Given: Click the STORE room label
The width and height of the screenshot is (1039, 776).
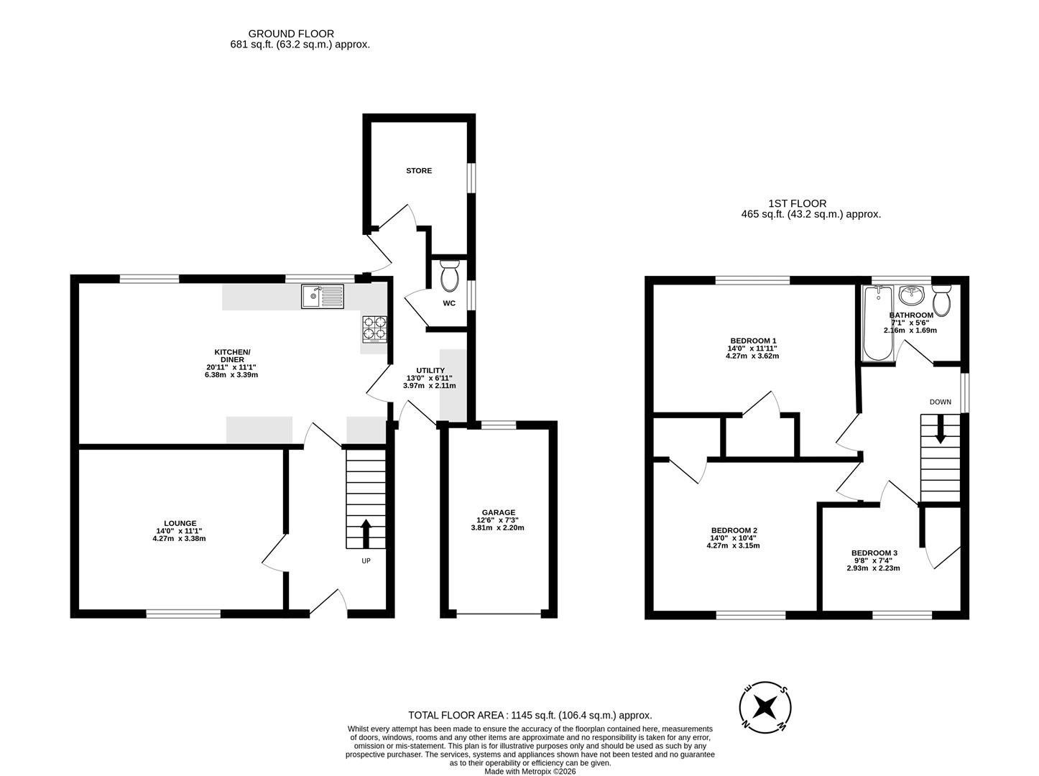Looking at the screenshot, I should pos(419,171).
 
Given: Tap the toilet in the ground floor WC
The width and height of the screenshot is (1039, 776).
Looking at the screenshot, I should pos(450,274).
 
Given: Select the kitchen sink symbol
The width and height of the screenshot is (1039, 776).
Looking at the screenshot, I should pos(323,295).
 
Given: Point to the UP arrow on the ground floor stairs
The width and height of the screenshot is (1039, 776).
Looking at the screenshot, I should pos(366,533).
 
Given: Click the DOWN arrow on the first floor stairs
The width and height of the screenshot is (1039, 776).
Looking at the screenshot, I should pos(940,431).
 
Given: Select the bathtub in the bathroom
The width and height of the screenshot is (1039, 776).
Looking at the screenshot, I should pos(877,323).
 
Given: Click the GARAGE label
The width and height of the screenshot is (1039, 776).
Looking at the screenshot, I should pos(498,512).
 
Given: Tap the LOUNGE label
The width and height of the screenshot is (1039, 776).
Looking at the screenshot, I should pos(180,523).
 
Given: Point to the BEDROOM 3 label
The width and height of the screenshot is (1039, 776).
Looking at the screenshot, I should pos(874,553).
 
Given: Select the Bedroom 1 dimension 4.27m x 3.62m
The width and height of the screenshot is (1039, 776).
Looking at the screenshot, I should pos(753,356).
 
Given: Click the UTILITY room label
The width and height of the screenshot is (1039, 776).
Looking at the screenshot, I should pos(430,371).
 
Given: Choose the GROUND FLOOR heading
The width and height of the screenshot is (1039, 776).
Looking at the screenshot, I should pos(291,34).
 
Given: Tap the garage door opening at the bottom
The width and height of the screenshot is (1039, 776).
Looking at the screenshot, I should pos(499,614).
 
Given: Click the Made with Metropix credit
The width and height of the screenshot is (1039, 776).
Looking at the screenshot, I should pos(530,772).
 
